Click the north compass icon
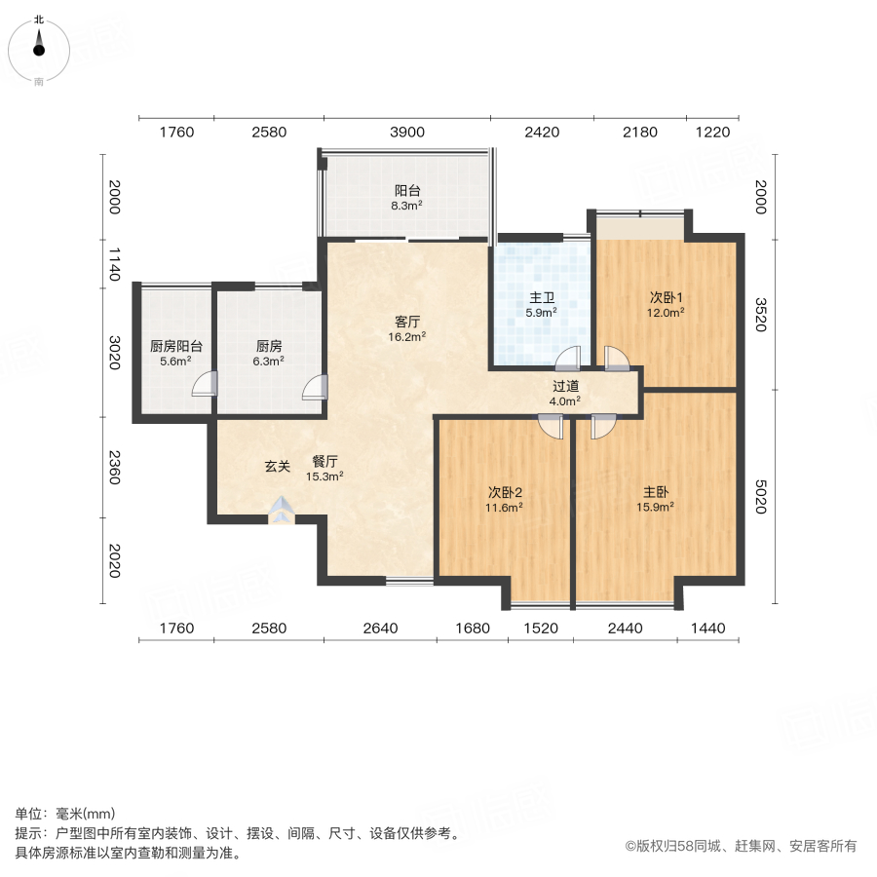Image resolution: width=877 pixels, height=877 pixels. click(38, 47)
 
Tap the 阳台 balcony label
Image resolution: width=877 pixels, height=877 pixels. click(407, 191)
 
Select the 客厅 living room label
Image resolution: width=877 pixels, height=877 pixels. click(407, 321)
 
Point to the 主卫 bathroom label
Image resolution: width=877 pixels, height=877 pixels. click(541, 298)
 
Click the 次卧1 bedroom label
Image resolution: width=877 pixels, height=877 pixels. click(667, 298)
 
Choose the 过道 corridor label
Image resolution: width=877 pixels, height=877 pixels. click(565, 385)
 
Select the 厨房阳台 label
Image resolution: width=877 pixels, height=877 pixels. click(176, 346)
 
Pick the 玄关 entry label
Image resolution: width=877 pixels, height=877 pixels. click(278, 467)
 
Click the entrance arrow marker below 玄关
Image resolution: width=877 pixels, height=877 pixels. click(282, 509)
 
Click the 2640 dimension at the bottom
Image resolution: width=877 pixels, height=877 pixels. click(380, 629)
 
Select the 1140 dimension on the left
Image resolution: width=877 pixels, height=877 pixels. click(114, 263)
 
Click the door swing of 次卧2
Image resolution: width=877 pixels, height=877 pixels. click(552, 426)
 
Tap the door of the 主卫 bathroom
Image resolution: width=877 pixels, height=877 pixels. click(568, 359)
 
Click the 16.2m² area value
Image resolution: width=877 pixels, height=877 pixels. click(407, 336)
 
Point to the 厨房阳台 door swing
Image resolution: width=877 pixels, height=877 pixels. click(203, 386)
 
